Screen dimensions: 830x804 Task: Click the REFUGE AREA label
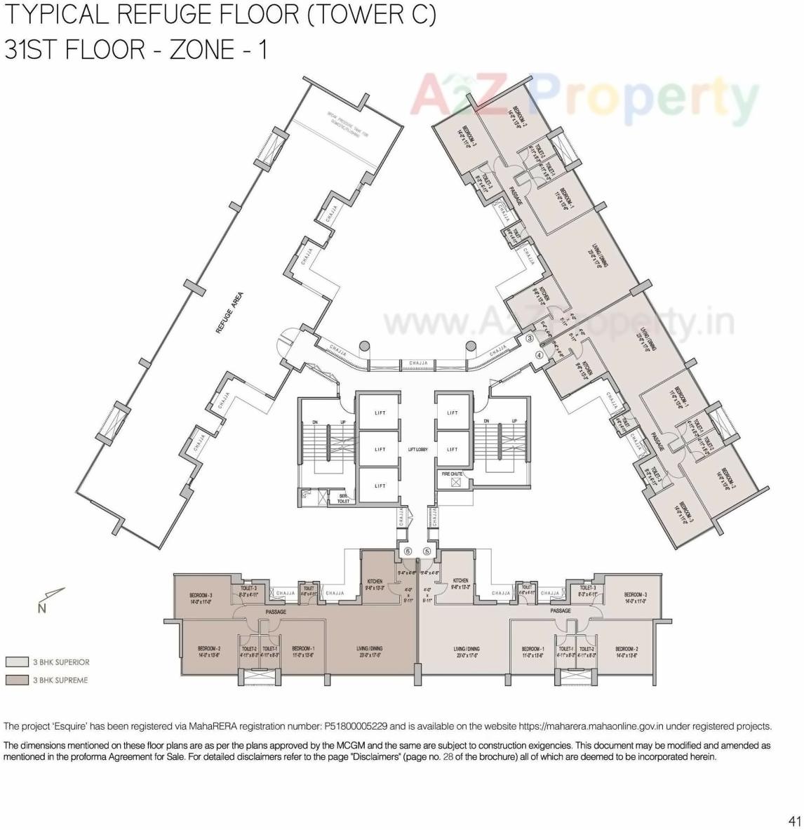[x=229, y=312]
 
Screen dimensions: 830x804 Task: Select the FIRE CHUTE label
[x=452, y=474]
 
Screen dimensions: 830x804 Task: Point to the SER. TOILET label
[x=343, y=498]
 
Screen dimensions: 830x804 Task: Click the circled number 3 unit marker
[x=530, y=338]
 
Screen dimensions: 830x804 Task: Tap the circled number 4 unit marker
[x=539, y=355]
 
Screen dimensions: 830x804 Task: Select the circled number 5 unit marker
[x=427, y=551]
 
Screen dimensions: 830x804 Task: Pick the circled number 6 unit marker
[x=408, y=551]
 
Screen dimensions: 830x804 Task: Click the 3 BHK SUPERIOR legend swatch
[x=17, y=662]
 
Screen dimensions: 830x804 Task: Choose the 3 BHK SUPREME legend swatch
[x=17, y=680]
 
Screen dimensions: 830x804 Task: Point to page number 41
[x=794, y=820]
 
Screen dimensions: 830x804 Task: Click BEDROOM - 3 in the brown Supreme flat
[x=201, y=596]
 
